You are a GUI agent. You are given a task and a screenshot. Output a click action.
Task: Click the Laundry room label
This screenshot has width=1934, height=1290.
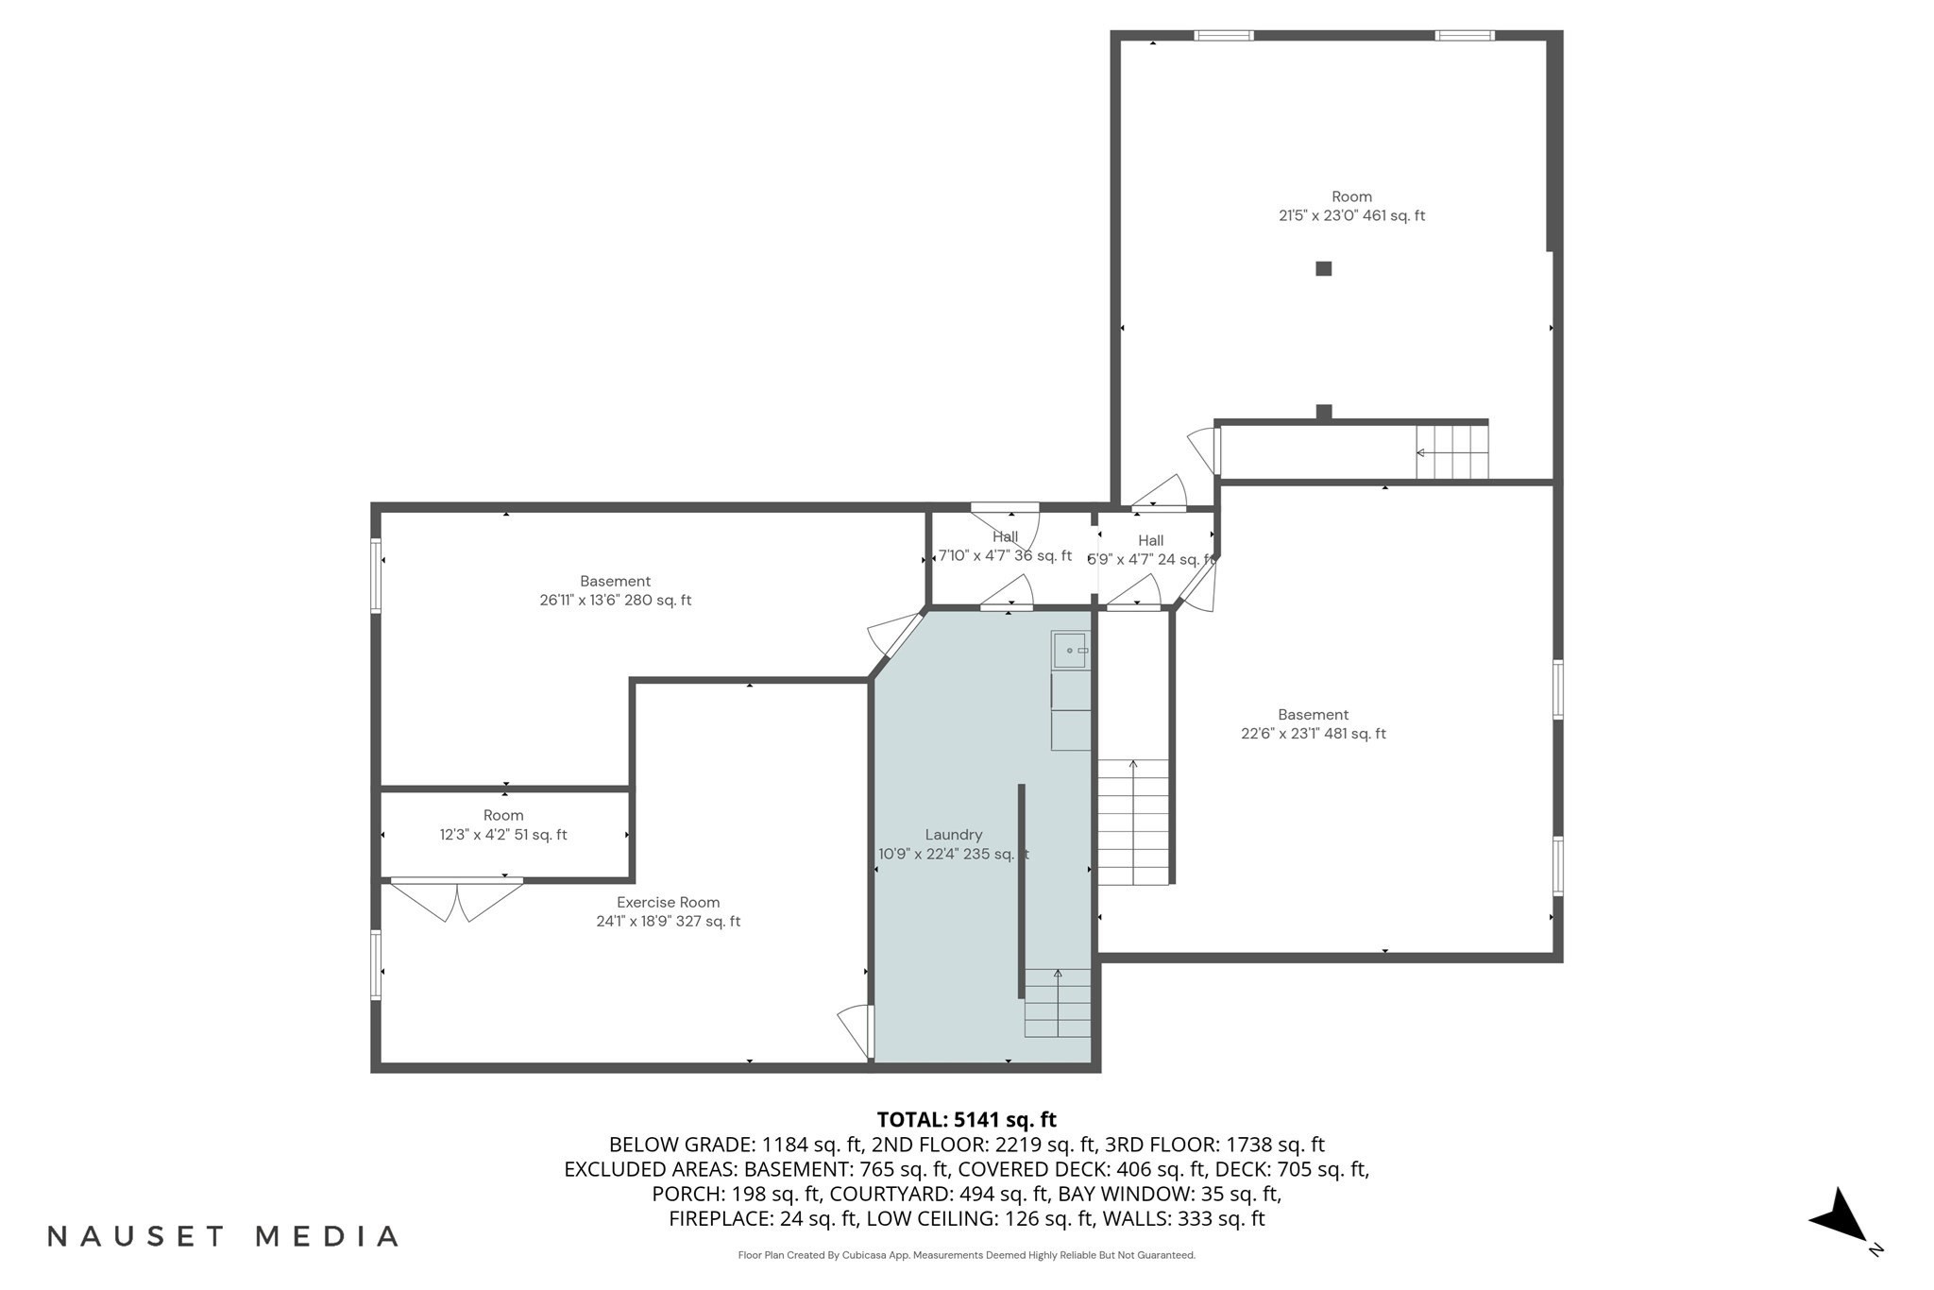(x=953, y=835)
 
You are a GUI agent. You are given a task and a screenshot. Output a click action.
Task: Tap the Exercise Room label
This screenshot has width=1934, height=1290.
(x=668, y=903)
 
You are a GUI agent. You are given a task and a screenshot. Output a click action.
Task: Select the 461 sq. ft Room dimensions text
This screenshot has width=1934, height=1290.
(x=1351, y=216)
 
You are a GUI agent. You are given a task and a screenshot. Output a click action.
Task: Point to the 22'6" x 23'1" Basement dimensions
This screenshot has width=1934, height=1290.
(x=1313, y=734)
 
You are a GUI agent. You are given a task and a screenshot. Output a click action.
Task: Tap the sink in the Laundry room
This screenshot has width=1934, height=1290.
(x=1071, y=650)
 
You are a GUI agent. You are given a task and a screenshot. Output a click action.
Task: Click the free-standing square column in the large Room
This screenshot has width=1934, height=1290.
(x=1323, y=269)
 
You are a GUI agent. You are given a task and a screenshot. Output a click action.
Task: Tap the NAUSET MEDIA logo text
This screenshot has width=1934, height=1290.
(x=224, y=1236)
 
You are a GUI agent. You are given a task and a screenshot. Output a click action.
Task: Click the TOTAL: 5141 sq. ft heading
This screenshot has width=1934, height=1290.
(x=966, y=1120)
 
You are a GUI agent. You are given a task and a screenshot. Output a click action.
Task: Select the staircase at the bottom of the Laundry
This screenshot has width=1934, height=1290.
(x=1058, y=1003)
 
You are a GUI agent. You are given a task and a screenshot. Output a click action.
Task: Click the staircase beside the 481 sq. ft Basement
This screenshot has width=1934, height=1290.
(x=1132, y=822)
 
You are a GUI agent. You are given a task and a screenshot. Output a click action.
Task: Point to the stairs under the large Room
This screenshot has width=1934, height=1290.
(x=1451, y=452)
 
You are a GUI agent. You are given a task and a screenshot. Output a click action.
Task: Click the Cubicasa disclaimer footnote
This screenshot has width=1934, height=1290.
(x=966, y=1255)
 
